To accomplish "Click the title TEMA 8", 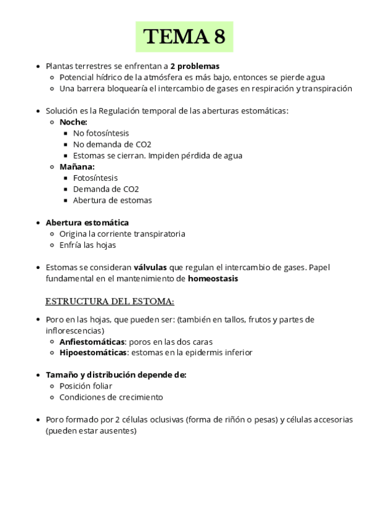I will pyautogui.click(x=184, y=37).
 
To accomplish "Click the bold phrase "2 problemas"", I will pyautogui.click(x=195, y=66).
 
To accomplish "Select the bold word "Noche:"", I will pyautogui.click(x=73, y=122).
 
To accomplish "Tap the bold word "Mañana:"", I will pyautogui.click(x=77, y=167).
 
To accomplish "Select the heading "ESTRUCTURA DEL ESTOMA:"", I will pyautogui.click(x=110, y=302).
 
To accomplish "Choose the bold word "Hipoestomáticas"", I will pyautogui.click(x=92, y=352).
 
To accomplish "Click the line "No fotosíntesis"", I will pyautogui.click(x=101, y=133).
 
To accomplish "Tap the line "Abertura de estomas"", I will pyautogui.click(x=112, y=200).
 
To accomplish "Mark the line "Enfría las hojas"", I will pyautogui.click(x=87, y=245).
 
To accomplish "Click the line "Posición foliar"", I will pyautogui.click(x=86, y=386).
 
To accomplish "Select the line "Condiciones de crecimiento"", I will pyautogui.click(x=111, y=397).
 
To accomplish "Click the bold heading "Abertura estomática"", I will pyautogui.click(x=87, y=222).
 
